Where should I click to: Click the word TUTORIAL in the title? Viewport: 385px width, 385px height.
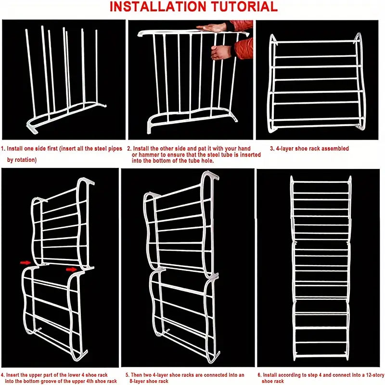pos(244,7)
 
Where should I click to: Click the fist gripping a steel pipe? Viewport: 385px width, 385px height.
pos(221,52)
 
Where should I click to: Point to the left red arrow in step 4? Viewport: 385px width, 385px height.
pos(26,263)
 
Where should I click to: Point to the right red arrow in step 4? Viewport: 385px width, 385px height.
pos(71,269)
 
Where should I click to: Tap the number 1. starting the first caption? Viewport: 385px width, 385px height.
pos(3,149)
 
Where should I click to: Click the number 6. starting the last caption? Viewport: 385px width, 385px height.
pos(260,375)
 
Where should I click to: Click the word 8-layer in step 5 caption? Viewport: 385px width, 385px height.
pos(139,381)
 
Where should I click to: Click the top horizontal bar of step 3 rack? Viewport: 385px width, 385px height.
pos(315,42)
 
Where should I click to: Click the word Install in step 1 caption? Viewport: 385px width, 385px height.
pos(15,149)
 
